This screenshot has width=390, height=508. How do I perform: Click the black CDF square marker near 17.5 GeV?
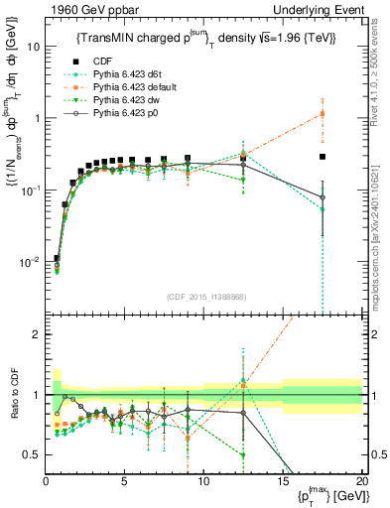[323, 157]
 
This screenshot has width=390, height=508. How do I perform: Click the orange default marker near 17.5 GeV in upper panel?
[323, 113]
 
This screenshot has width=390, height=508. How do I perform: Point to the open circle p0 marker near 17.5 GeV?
[323, 197]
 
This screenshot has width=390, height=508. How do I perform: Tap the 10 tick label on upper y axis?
[33, 47]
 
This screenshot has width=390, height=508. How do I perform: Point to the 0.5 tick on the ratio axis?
[33, 454]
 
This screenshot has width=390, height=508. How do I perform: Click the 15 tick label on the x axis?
[283, 481]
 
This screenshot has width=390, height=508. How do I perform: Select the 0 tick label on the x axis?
[46, 481]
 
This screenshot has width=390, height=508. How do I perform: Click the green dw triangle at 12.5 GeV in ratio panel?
[243, 454]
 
